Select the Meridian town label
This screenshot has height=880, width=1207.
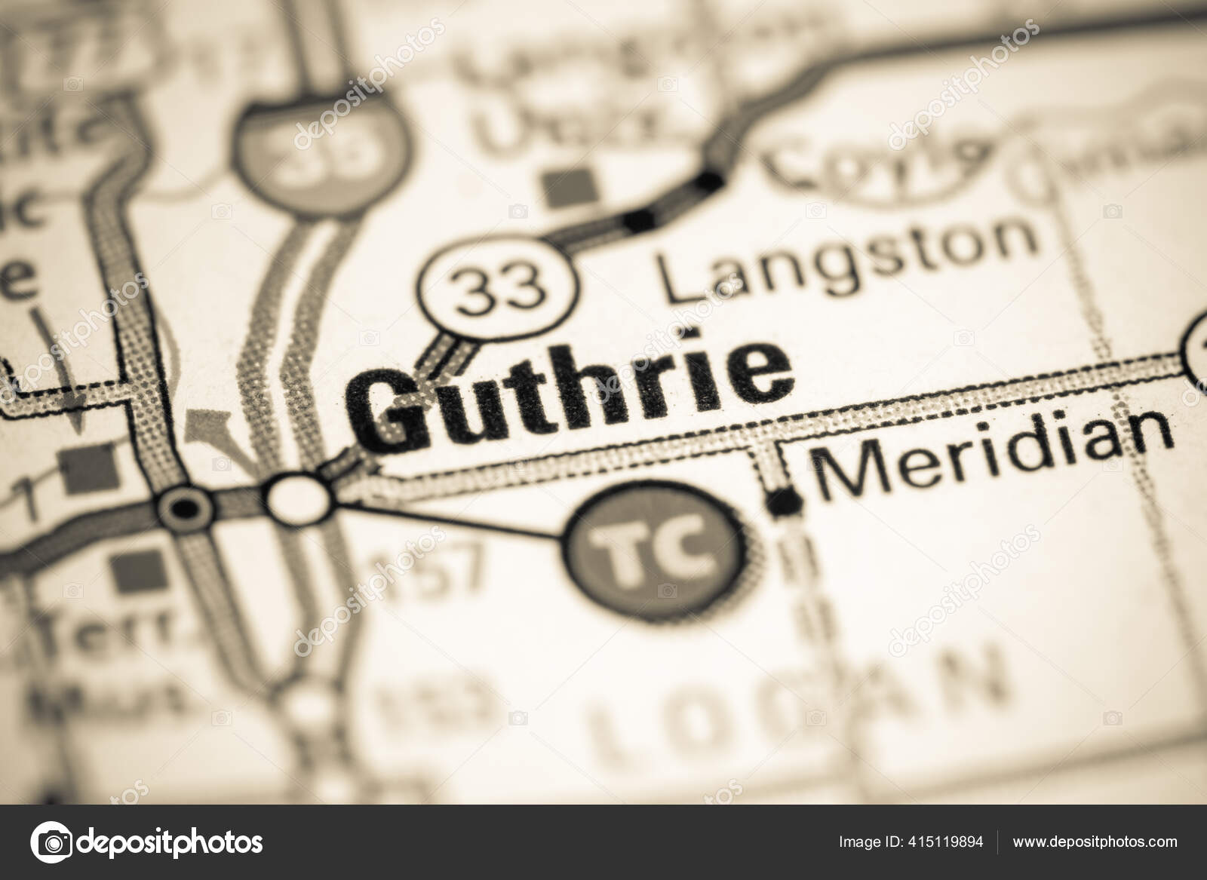(996, 455)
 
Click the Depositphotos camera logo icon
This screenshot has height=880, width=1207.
(51, 842)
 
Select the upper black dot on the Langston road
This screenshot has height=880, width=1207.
(709, 179)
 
